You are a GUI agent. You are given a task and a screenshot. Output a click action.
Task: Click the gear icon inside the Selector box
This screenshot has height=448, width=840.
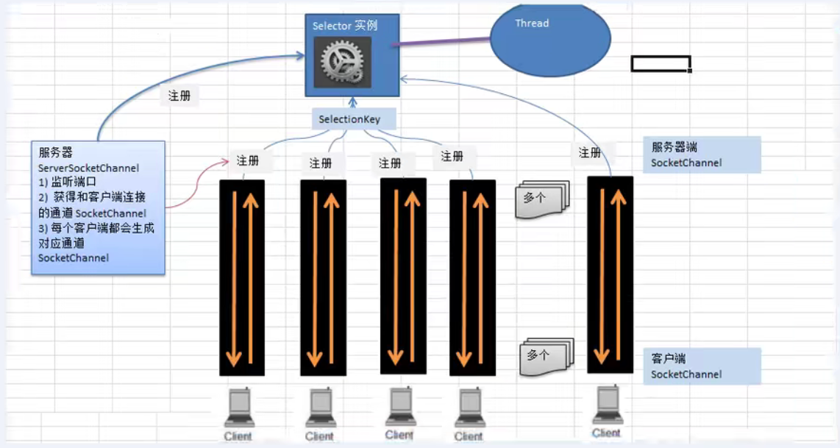[x=342, y=62]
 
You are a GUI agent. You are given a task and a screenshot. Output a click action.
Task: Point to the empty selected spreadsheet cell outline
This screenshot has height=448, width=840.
[x=660, y=64]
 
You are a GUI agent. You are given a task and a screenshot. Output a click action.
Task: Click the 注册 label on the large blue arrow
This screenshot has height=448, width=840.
[x=179, y=96]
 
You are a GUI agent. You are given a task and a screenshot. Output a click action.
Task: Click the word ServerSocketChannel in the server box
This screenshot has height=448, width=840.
[x=89, y=168]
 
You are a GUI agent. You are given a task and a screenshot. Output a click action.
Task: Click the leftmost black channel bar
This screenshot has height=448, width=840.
[x=242, y=277]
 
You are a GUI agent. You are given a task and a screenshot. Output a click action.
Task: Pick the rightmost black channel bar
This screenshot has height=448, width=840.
[x=610, y=274]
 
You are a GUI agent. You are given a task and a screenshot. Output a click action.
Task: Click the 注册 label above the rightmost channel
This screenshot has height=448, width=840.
[x=590, y=152]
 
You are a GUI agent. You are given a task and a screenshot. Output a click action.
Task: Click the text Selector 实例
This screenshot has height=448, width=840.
[x=345, y=25]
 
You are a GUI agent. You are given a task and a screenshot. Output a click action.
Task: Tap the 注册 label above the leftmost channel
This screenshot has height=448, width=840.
[x=248, y=160]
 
